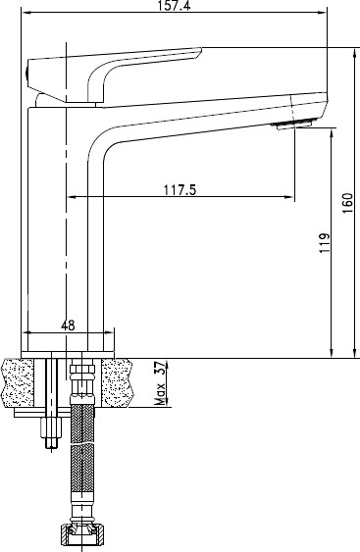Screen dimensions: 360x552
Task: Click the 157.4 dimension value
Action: [175, 5]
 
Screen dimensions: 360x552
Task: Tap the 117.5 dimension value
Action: [180, 190]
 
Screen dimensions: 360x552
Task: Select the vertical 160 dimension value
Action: [347, 203]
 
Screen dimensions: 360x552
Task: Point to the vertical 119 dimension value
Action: [325, 242]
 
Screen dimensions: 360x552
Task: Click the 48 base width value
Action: [68, 326]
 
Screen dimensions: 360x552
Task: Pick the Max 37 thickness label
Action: [160, 383]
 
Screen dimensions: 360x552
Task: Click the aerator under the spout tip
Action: [294, 124]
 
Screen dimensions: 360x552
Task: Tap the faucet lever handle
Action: [114, 74]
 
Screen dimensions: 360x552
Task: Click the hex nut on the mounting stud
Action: [51, 427]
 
